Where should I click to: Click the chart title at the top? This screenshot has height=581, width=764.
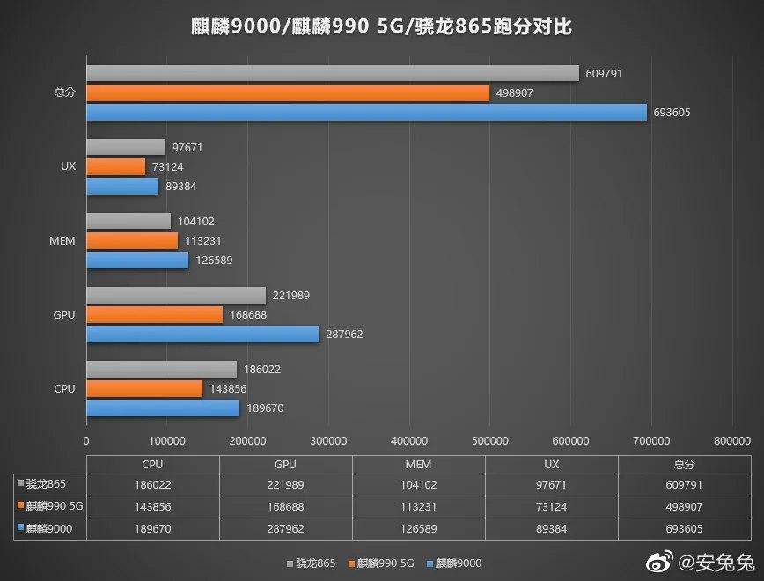tap(381, 26)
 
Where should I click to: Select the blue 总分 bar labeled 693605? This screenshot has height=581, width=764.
tap(366, 112)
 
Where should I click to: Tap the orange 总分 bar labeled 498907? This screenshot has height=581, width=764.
tap(288, 92)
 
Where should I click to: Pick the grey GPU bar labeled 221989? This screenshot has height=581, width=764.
tap(176, 295)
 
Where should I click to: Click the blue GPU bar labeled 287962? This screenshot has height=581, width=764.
tap(202, 334)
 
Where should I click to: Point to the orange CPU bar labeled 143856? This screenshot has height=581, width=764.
tap(144, 388)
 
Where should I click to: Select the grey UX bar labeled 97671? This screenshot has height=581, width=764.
tap(126, 147)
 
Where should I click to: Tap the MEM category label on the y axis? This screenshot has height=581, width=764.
tap(63, 239)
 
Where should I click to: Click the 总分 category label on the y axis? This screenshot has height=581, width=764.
tap(64, 92)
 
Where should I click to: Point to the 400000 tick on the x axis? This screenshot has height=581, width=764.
tap(408, 440)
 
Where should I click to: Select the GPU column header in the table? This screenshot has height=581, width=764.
tap(285, 464)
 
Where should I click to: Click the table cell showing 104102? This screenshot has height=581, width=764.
tap(418, 484)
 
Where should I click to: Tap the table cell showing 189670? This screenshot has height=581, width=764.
tap(152, 526)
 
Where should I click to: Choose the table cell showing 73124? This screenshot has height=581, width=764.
tap(551, 505)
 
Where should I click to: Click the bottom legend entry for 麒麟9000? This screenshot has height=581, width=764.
tap(457, 563)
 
